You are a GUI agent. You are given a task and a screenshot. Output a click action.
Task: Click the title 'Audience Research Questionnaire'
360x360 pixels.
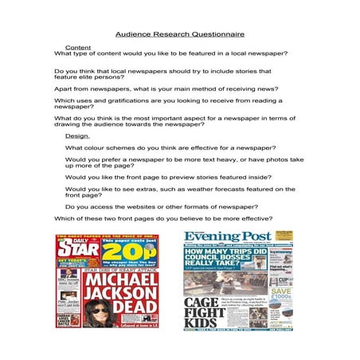coord(179,35)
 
